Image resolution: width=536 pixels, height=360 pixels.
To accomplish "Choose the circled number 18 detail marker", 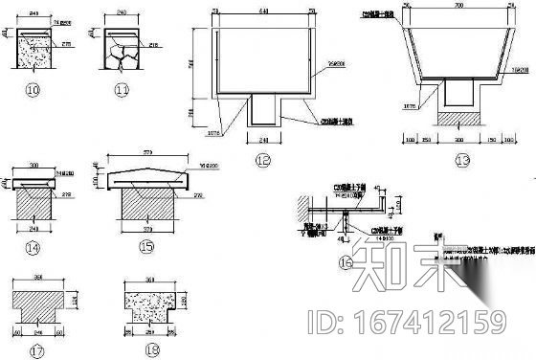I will (x=151, y=349).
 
